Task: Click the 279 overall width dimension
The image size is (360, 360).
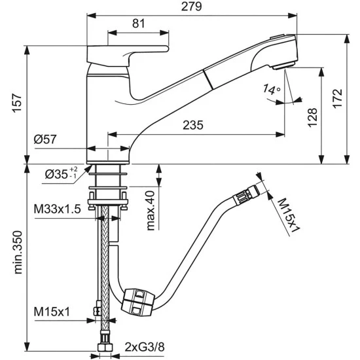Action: point(192,7)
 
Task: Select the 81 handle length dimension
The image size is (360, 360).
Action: point(139,24)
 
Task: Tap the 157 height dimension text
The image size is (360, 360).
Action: point(17,103)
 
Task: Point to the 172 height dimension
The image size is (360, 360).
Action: point(338,98)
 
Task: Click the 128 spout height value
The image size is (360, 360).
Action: point(312,117)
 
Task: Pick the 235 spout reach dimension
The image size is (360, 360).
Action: point(193,125)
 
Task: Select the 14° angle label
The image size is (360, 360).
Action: point(272,89)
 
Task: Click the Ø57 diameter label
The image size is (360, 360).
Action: point(45,139)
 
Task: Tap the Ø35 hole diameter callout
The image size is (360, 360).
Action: point(61,173)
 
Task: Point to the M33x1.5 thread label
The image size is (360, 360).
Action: point(58,209)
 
